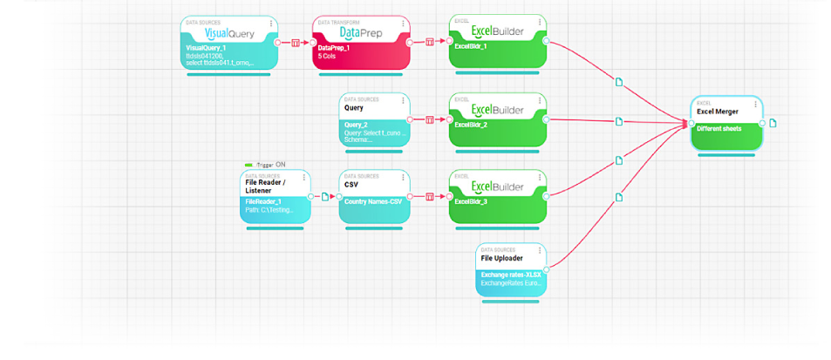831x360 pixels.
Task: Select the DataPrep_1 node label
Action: click(x=335, y=48)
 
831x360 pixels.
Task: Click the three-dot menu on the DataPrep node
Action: click(x=405, y=24)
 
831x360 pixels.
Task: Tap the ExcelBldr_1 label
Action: click(x=468, y=48)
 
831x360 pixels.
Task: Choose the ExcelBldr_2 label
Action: click(x=468, y=125)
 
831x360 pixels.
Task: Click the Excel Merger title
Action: click(x=718, y=111)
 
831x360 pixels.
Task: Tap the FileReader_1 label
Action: click(x=262, y=201)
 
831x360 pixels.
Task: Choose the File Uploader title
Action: click(x=504, y=258)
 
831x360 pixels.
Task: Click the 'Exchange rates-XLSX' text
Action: click(x=510, y=275)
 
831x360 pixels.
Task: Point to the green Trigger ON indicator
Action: click(x=249, y=165)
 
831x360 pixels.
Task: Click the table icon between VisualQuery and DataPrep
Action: click(x=296, y=42)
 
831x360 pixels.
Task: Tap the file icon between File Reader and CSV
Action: click(x=325, y=196)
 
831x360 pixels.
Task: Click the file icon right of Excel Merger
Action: click(x=774, y=123)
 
